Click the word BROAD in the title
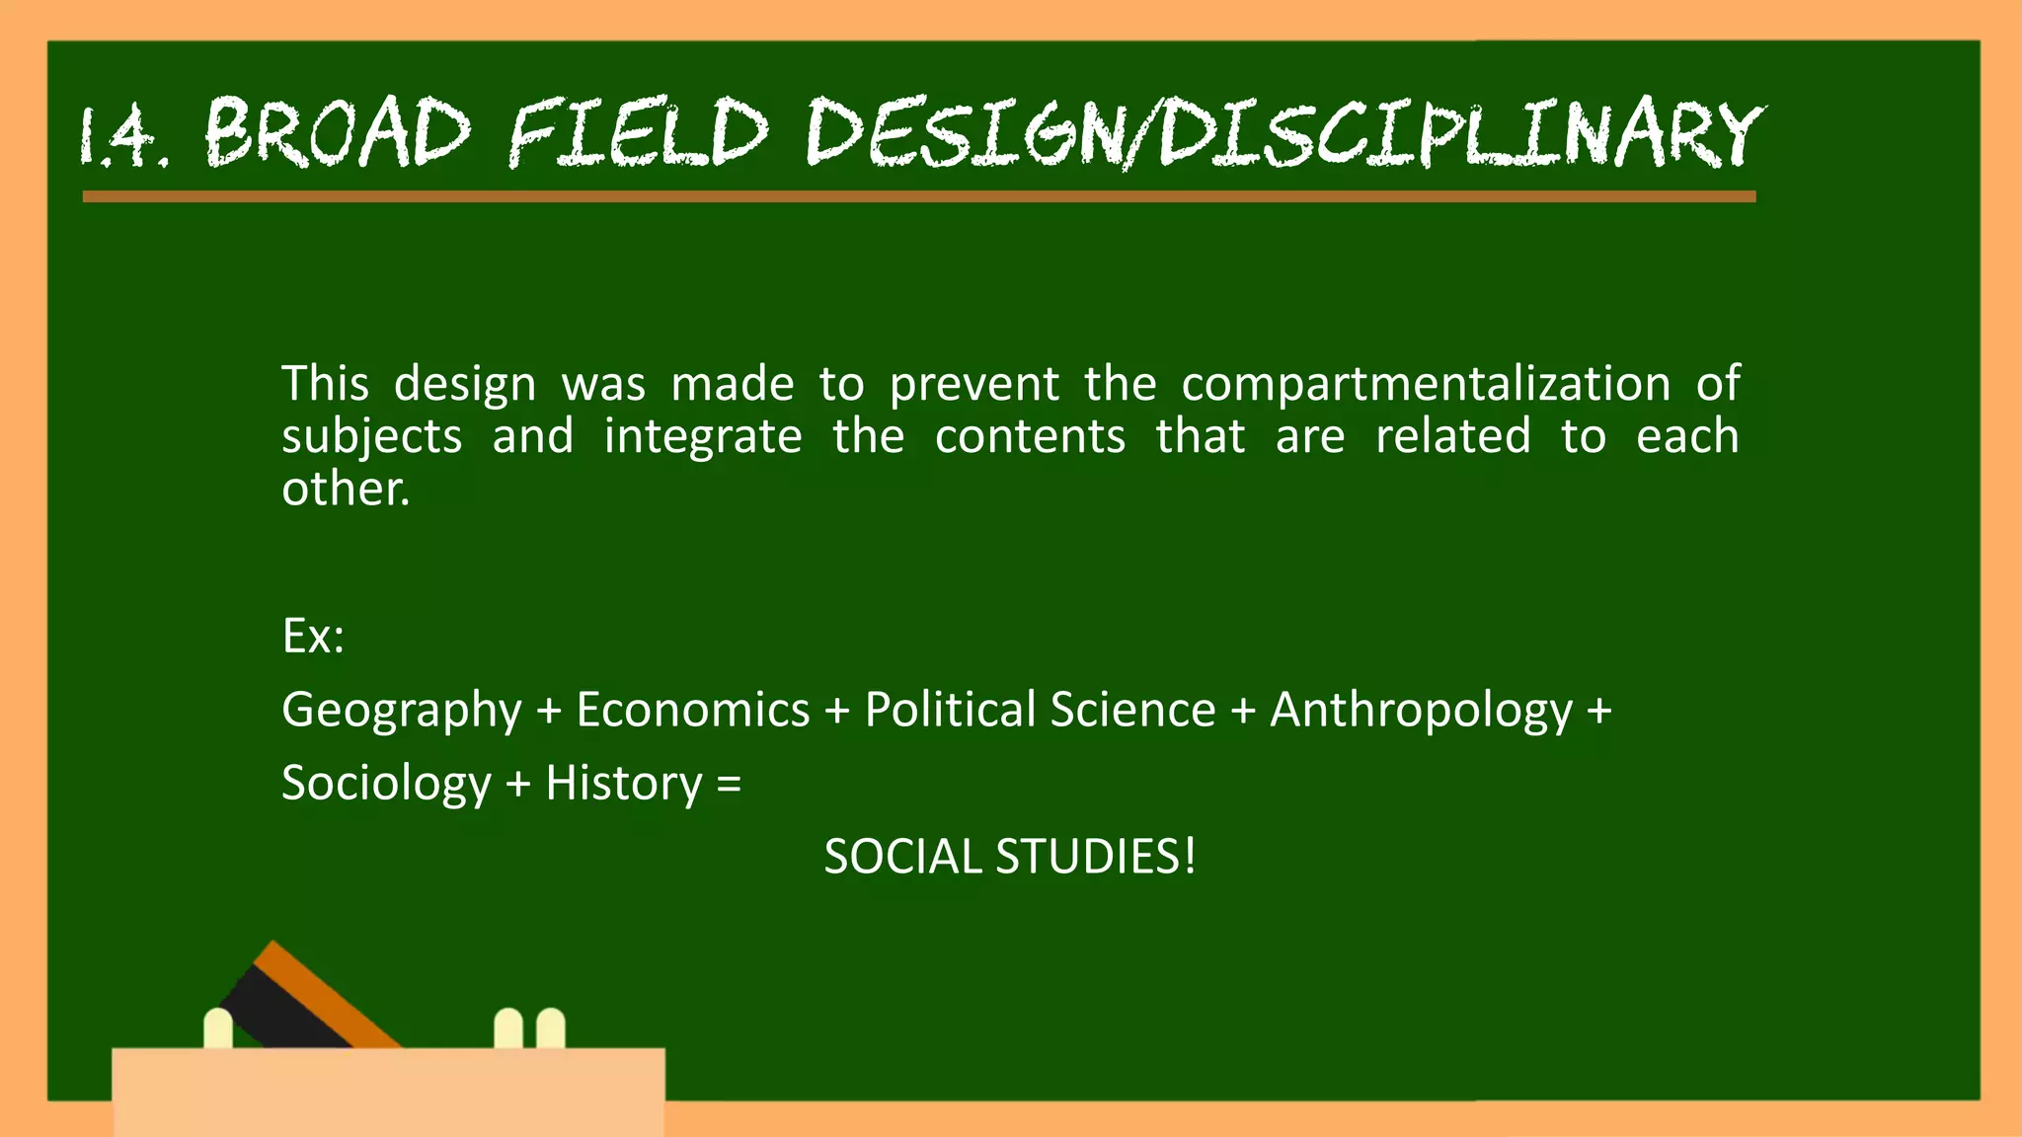coord(338,133)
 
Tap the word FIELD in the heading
coord(638,133)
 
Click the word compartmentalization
coord(1426,384)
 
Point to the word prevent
coord(973,384)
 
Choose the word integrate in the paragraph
coord(703,436)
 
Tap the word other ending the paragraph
coord(345,489)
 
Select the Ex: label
coord(313,637)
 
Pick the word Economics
coord(692,711)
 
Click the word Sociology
coord(386,785)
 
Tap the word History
coord(624,785)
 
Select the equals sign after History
coord(729,785)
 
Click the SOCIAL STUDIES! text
coord(1009,857)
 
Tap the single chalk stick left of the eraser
coord(218,1028)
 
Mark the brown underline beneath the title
coord(918,196)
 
